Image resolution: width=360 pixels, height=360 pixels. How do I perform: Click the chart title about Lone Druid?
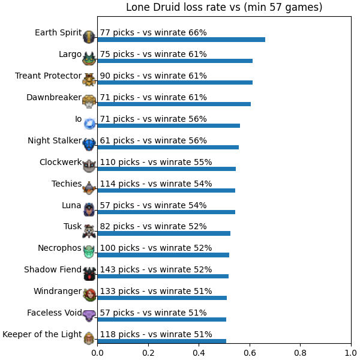pyautogui.click(x=224, y=7)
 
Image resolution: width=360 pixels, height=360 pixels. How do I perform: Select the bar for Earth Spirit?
pyautogui.click(x=181, y=40)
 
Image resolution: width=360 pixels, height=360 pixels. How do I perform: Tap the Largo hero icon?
pyautogui.click(x=89, y=58)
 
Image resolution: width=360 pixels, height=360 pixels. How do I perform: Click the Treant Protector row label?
pyautogui.click(x=48, y=76)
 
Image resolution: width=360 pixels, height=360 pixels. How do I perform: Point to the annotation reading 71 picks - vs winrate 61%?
pyautogui.click(x=154, y=97)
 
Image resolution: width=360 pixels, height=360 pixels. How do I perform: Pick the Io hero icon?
pyautogui.click(x=89, y=124)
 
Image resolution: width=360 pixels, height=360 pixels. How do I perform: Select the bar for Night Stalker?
pyautogui.click(x=168, y=147)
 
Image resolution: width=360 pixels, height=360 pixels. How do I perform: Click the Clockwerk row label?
pyautogui.click(x=61, y=162)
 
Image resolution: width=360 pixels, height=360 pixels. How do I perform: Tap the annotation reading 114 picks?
pyautogui.click(x=120, y=184)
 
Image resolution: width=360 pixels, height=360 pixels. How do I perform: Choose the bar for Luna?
pyautogui.click(x=166, y=212)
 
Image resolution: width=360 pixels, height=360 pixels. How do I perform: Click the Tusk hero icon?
pyautogui.click(x=89, y=231)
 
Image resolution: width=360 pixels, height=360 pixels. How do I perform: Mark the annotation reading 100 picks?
pyautogui.click(x=120, y=248)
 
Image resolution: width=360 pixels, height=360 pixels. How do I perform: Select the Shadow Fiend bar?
pyautogui.click(x=163, y=276)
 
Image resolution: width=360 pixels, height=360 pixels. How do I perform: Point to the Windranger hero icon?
pyautogui.click(x=89, y=295)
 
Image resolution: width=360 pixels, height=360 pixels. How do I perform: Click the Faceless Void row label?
pyautogui.click(x=55, y=313)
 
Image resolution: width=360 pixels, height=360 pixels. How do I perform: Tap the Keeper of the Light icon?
pyautogui.click(x=89, y=338)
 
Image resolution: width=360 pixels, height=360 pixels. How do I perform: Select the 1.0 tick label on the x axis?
pyautogui.click(x=351, y=353)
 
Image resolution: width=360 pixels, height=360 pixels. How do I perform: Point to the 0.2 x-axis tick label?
pyautogui.click(x=148, y=353)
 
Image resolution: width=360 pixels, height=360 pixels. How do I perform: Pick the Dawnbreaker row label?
pyautogui.click(x=54, y=97)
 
